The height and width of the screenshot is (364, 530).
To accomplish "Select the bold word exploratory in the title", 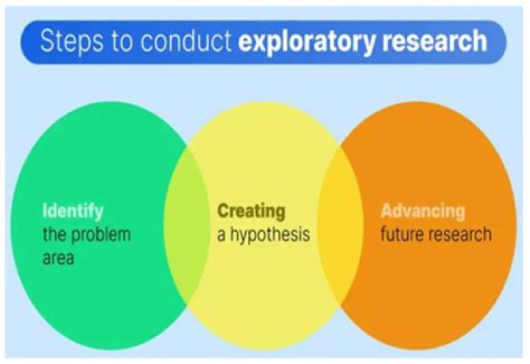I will point(307,41).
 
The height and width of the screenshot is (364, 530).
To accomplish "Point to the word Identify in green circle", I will point(73,211).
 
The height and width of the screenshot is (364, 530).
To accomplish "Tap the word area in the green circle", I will point(58,259).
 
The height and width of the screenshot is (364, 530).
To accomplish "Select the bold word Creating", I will point(251,211).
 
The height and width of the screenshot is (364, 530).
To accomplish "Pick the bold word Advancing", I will point(423,211).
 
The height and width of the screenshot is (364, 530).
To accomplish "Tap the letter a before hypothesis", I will point(221,236).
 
